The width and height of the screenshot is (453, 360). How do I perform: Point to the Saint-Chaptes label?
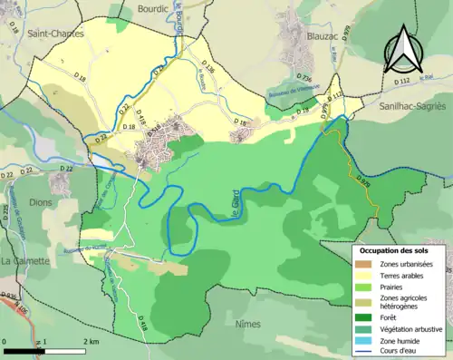click(x=55, y=34)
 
